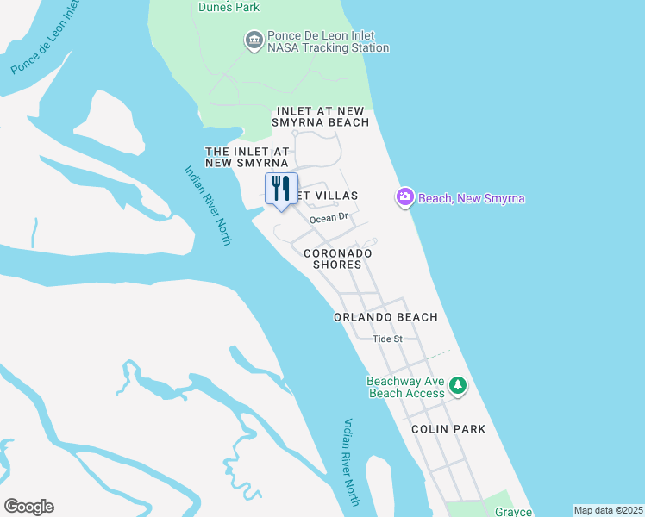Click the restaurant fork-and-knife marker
tap(281, 190)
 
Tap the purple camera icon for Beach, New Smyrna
tap(405, 198)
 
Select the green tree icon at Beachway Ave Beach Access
tap(459, 385)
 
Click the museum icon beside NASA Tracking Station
tap(254, 40)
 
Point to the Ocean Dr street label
tap(328, 218)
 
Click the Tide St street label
tap(387, 339)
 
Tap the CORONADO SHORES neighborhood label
tap(337, 258)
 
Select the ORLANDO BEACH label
tap(385, 317)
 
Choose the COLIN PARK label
tap(448, 428)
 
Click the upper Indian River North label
tap(208, 205)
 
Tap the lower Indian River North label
tap(351, 461)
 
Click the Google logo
tap(28, 507)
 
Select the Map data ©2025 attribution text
tap(609, 510)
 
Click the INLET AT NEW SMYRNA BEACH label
tap(322, 117)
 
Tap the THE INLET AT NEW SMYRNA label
tap(247, 156)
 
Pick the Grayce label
tap(513, 510)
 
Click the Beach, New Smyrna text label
tap(472, 199)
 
